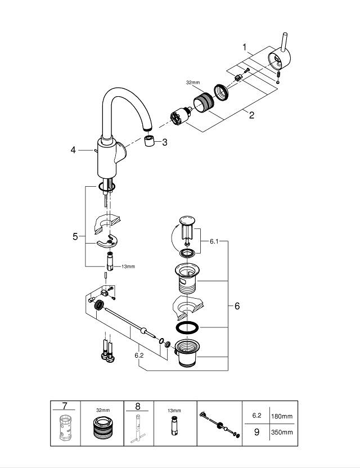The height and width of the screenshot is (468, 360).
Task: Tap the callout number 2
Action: (x=251, y=115)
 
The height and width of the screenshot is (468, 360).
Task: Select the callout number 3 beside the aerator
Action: (x=164, y=143)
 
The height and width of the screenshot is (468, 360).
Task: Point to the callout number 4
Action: (x=73, y=150)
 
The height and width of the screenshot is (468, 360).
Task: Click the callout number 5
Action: (x=75, y=237)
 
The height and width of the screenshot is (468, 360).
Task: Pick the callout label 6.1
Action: (x=214, y=241)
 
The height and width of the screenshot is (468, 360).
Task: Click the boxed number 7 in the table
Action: (x=65, y=406)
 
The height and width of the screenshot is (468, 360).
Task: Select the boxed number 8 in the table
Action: (x=137, y=406)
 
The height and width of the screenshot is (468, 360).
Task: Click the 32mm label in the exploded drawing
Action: (x=193, y=82)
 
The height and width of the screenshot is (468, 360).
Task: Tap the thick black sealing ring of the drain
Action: (x=185, y=327)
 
